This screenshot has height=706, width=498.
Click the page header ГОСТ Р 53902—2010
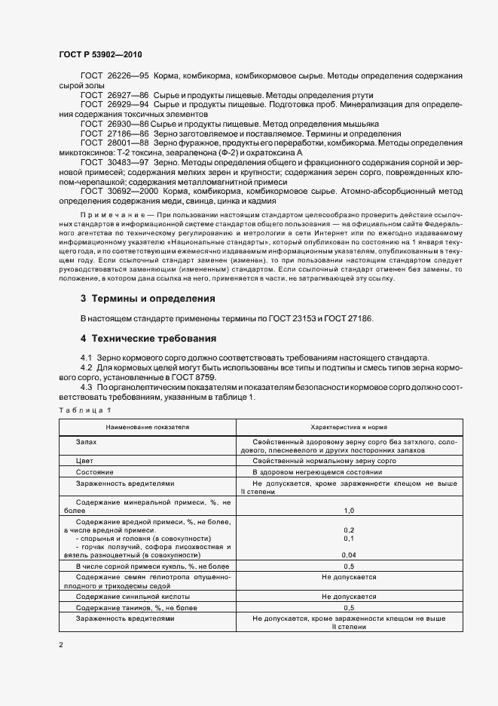(x=99, y=55)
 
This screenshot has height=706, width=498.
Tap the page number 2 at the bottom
(x=61, y=646)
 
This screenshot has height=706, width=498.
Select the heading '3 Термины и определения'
(x=148, y=299)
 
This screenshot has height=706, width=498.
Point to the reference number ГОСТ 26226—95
(x=115, y=77)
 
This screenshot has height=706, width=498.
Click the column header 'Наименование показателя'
(x=148, y=427)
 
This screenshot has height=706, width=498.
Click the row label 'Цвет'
(x=84, y=459)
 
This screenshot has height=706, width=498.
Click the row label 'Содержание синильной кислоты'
(x=133, y=596)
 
